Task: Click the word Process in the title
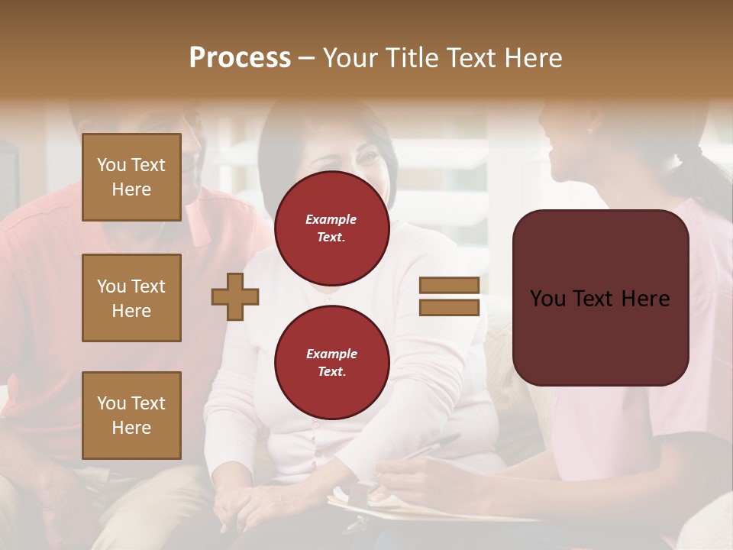(x=240, y=58)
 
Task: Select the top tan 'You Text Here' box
(x=131, y=177)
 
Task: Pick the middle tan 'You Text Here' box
(x=131, y=298)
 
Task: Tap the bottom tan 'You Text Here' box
(x=131, y=415)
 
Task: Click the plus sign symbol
(x=235, y=296)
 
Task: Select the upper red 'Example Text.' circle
(x=331, y=228)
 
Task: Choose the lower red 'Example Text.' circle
(x=331, y=363)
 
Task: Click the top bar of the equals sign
(x=449, y=286)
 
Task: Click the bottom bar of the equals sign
(x=449, y=307)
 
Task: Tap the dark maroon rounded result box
(x=600, y=297)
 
